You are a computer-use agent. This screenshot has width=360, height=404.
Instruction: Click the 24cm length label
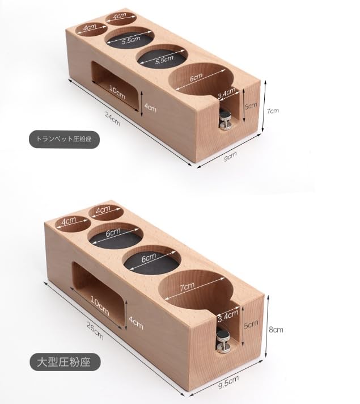pyautogui.click(x=113, y=119)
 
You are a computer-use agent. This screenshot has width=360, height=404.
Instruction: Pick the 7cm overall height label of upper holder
pyautogui.click(x=273, y=112)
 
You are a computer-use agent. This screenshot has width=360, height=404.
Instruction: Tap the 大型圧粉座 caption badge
pyautogui.click(x=65, y=360)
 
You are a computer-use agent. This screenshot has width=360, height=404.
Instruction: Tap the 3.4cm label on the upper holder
pyautogui.click(x=226, y=91)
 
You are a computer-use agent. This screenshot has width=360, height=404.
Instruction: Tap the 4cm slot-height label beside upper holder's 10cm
pyautogui.click(x=150, y=109)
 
